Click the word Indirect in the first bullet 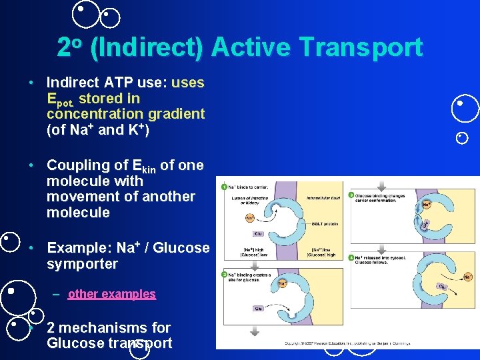click(73, 82)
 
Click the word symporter click(82, 264)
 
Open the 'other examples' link click(111, 294)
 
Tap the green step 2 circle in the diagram click(224, 275)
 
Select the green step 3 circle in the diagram click(351, 195)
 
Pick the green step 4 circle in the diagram click(351, 257)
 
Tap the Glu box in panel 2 click(258, 308)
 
